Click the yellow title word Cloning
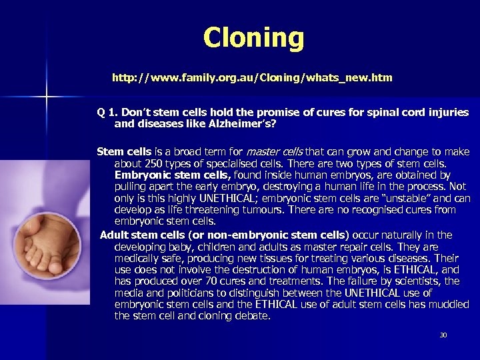253,38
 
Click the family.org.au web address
252,78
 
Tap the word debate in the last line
253,315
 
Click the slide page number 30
443,335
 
